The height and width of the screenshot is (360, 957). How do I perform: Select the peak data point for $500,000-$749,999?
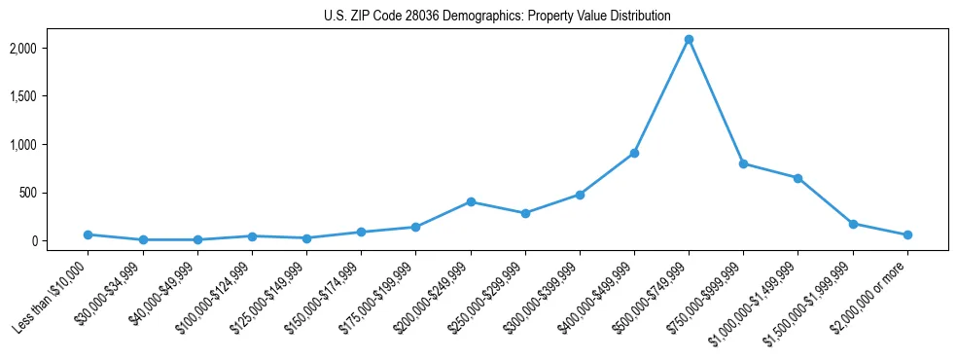point(689,39)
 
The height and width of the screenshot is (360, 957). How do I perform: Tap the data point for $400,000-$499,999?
point(634,153)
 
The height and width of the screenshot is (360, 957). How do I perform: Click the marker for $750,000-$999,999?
point(743,163)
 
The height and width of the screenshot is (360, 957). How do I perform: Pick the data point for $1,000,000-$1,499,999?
point(797,178)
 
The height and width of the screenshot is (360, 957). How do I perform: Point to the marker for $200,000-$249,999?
point(471,201)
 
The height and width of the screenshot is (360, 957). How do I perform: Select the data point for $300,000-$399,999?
point(580,195)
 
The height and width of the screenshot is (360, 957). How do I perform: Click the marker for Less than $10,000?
point(88,234)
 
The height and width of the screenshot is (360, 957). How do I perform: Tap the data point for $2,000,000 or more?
point(907,234)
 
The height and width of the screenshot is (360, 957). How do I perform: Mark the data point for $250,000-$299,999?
point(525,213)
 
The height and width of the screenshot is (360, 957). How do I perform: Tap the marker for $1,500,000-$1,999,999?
point(853,224)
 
